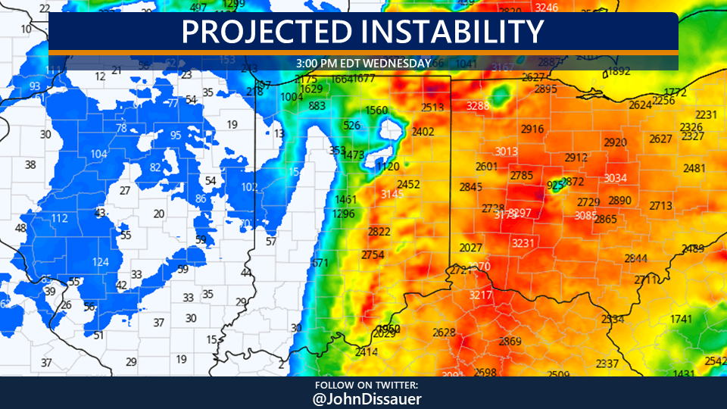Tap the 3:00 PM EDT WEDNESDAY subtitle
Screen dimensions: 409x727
pyautogui.click(x=363, y=63)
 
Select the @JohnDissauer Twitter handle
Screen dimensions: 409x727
pyautogui.click(x=363, y=398)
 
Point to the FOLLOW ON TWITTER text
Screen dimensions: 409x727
pyautogui.click(x=363, y=385)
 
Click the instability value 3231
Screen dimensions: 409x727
pyautogui.click(x=523, y=243)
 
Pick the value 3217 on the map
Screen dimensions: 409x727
pyautogui.click(x=481, y=295)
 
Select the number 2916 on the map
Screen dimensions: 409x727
pyautogui.click(x=532, y=129)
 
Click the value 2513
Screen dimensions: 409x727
pyautogui.click(x=432, y=108)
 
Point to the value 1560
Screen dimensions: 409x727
pyautogui.click(x=376, y=111)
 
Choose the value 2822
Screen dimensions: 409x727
pyautogui.click(x=379, y=232)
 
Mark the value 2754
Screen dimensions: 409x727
pyautogui.click(x=373, y=254)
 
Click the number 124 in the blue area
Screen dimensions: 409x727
pyautogui.click(x=100, y=262)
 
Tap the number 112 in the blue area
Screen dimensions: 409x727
pyautogui.click(x=60, y=219)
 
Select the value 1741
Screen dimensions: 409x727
pyautogui.click(x=681, y=319)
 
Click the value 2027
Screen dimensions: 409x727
pyautogui.click(x=471, y=248)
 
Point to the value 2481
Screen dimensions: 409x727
pyautogui.click(x=694, y=168)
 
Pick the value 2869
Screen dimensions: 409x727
pyautogui.click(x=510, y=342)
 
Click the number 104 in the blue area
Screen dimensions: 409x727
pyautogui.click(x=98, y=154)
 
